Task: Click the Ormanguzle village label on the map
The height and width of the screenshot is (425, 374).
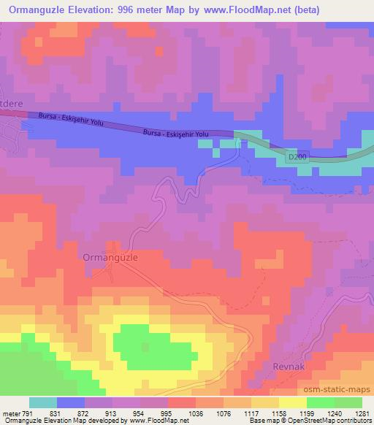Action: pos(111,258)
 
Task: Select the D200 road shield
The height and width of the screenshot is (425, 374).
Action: pos(295,156)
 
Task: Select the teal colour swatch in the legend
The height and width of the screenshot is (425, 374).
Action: pos(42,402)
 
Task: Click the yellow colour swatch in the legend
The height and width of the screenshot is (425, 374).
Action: pos(292,402)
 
